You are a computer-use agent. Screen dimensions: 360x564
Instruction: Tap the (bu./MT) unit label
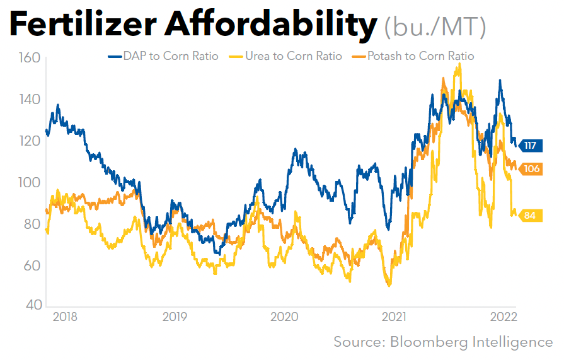coord(435,26)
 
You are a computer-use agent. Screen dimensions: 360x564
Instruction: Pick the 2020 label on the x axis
coord(284,316)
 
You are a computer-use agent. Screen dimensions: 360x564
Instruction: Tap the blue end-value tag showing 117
coord(529,146)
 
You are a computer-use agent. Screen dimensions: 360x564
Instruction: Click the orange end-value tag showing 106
coord(531,169)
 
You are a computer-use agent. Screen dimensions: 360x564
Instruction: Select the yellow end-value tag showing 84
coord(529,216)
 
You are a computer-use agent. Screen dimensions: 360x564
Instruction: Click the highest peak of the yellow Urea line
coord(460,63)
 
